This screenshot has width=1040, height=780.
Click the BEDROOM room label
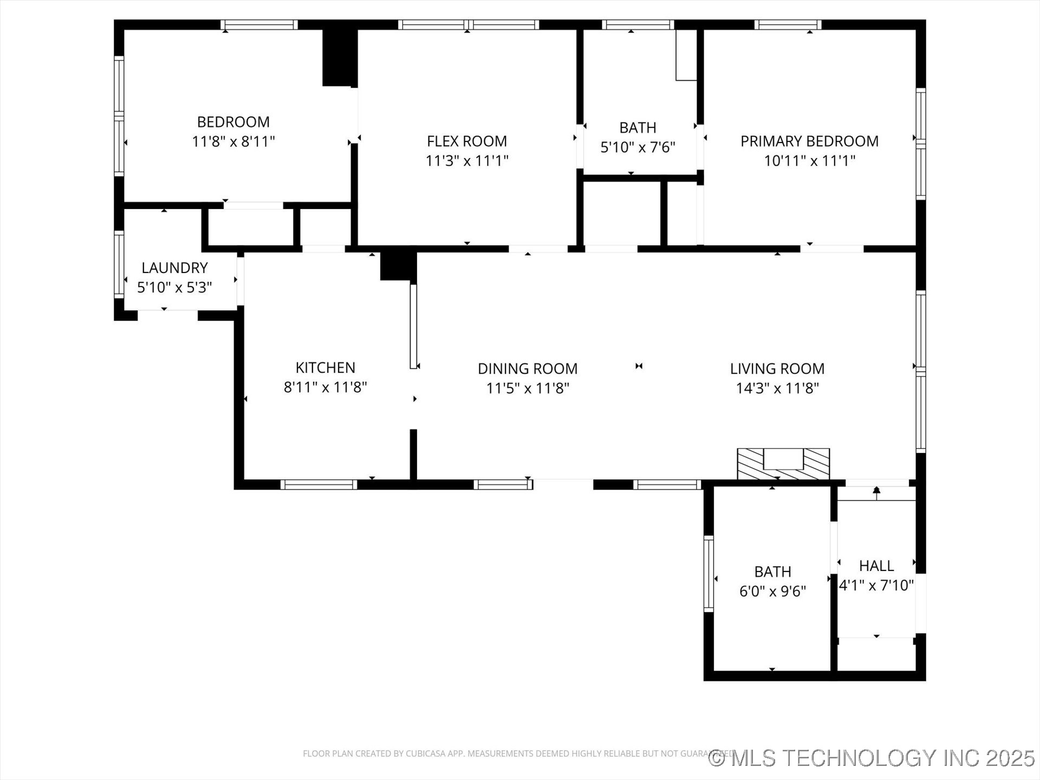tap(233, 122)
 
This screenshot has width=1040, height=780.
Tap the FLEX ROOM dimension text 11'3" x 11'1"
tap(467, 161)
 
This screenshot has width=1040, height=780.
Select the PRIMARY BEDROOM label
tap(809, 141)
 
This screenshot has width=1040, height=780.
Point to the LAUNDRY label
tap(174, 268)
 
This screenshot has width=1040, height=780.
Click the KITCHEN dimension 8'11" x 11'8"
tap(325, 387)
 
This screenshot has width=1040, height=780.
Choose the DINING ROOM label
tap(528, 369)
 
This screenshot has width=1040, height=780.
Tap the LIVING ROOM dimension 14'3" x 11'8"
tap(777, 388)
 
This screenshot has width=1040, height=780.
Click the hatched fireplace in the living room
tap(783, 464)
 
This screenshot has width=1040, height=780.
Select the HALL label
tap(876, 566)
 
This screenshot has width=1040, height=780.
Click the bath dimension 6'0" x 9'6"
tap(772, 591)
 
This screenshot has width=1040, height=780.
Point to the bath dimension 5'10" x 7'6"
tap(638, 147)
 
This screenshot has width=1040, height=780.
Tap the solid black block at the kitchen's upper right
tap(398, 266)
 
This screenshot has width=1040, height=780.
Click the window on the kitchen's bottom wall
tap(318, 485)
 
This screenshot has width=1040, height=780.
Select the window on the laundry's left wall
tap(119, 264)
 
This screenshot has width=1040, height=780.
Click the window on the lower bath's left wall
tap(708, 574)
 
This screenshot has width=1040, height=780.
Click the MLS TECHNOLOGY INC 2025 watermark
tap(872, 758)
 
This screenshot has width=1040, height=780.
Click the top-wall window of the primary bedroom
tap(788, 24)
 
